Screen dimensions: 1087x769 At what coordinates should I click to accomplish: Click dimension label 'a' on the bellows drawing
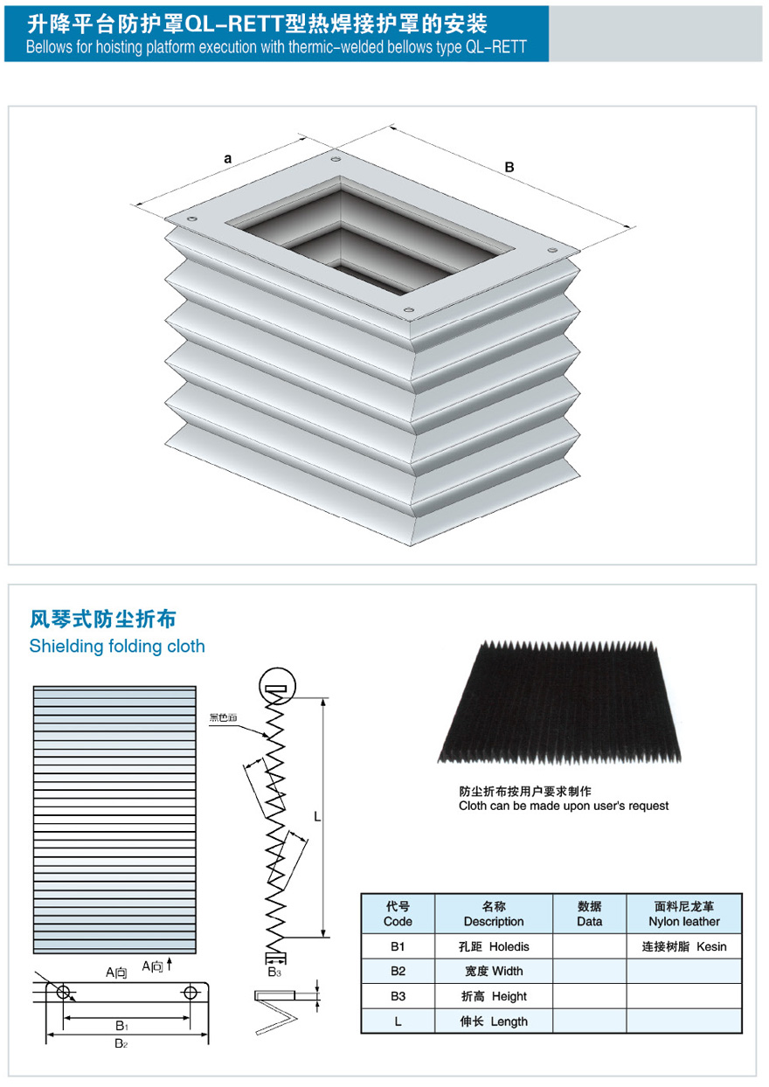pos(228,158)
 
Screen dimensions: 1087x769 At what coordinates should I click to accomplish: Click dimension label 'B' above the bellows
pos(509,167)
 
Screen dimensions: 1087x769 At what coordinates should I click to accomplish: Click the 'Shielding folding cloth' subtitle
pos(117,646)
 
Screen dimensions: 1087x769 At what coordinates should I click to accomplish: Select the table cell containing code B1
pos(398,946)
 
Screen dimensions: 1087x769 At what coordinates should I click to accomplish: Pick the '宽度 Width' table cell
pos(494,971)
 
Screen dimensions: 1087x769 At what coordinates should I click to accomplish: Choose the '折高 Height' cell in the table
pos(494,996)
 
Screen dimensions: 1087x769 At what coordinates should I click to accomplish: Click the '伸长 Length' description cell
pos(494,1021)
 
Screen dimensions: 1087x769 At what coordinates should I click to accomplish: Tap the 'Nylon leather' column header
pos(684,914)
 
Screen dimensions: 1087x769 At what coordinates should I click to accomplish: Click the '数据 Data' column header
pos(590,914)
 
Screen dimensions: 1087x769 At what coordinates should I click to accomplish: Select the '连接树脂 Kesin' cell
pos(684,946)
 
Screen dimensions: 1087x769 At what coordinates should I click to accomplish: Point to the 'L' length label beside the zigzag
pos(317,817)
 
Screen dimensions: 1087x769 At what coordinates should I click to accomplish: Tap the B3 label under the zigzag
pos(274,972)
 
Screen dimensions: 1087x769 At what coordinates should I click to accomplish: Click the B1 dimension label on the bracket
pos(123,1026)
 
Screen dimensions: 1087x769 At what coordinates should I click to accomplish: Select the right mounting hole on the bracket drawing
pos(191,992)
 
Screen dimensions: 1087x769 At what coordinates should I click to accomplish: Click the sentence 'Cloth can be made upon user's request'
pos(564,806)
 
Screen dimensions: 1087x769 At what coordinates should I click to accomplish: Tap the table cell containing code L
pos(398,1021)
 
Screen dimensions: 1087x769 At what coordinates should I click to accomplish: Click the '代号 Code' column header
pos(398,914)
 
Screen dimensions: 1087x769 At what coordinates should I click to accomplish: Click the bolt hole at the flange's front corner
pos(408,310)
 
